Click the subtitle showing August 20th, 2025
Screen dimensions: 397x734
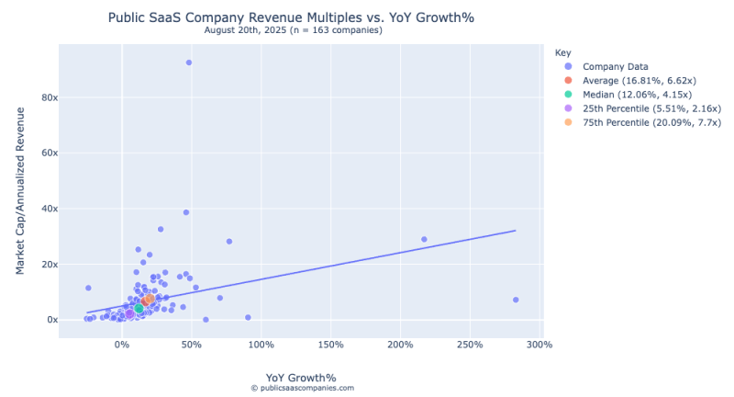293,30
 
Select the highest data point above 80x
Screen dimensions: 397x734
189,62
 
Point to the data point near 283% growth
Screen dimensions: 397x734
516,300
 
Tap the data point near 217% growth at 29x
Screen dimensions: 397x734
424,239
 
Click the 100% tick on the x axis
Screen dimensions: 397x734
261,345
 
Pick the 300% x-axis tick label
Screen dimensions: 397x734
539,345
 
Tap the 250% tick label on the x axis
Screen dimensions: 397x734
470,345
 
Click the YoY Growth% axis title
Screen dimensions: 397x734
301,377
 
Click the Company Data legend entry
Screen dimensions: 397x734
616,66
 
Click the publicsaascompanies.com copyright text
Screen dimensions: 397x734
302,389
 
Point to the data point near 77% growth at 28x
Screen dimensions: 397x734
229,242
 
